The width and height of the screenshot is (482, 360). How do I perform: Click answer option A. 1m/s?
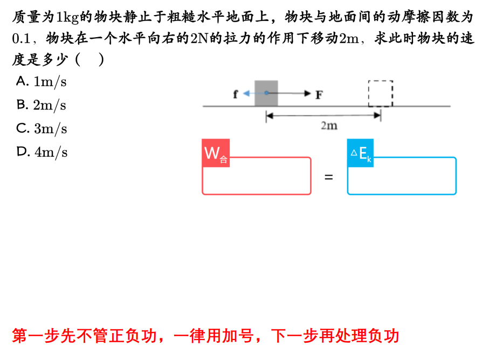tap(42, 81)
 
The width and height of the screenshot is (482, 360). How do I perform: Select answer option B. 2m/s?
tap(42, 105)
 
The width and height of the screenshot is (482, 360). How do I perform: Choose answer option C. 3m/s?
tap(42, 128)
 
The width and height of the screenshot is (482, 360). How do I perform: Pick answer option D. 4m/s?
tap(42, 152)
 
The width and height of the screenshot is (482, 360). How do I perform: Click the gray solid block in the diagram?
tap(266, 93)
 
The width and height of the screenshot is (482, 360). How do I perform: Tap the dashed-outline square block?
tap(381, 94)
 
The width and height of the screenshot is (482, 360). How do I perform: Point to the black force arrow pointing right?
tap(294, 93)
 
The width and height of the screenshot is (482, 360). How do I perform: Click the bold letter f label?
tap(236, 94)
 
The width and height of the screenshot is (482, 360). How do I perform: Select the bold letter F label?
tap(319, 95)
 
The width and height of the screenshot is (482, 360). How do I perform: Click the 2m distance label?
tap(328, 126)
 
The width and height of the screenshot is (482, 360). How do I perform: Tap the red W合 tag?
tap(216, 154)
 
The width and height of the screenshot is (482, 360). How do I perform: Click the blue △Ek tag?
tap(360, 154)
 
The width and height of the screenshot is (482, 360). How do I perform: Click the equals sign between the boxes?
tap(329, 176)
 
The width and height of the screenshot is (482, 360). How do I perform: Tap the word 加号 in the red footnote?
tap(239, 336)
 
